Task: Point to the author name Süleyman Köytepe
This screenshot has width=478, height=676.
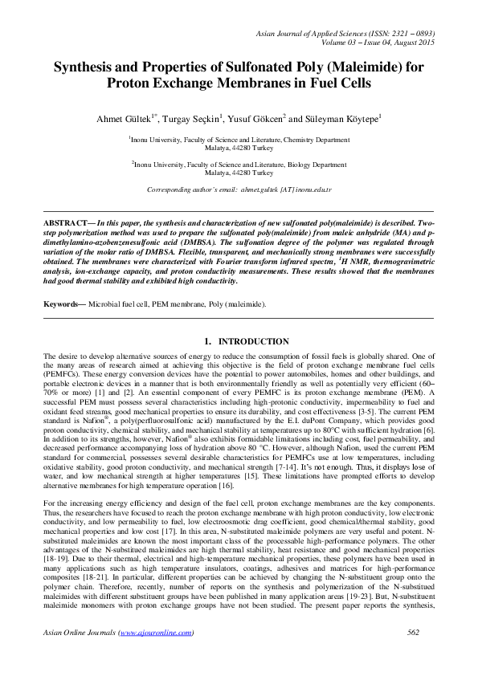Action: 345,119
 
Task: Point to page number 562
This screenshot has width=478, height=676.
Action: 414,633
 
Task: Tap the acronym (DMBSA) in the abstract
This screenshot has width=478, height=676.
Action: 198,238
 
